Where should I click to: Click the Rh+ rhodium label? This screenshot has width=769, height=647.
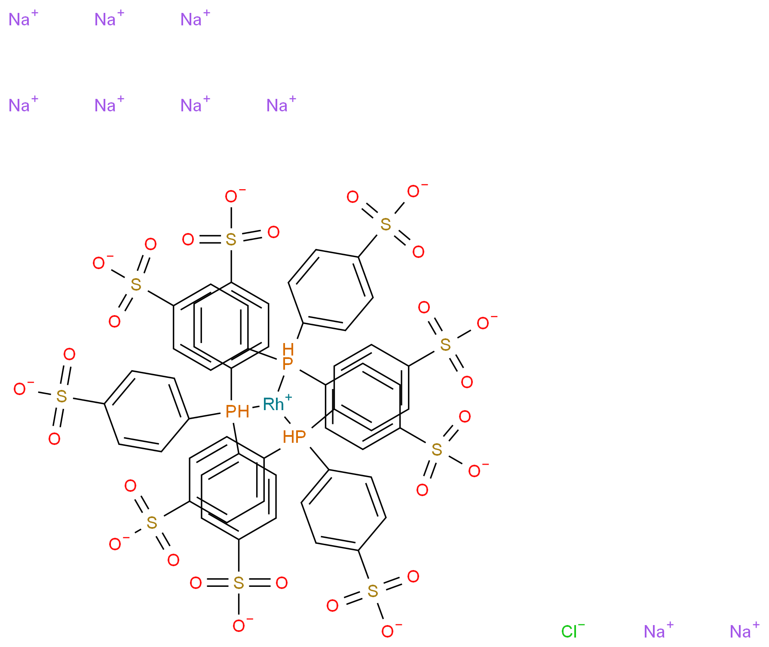click(x=274, y=405)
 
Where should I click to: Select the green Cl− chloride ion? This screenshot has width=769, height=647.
click(x=569, y=632)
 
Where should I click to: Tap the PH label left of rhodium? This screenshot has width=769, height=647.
click(x=237, y=412)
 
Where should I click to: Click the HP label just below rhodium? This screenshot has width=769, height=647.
click(x=294, y=437)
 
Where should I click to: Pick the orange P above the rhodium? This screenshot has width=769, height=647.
click(x=288, y=364)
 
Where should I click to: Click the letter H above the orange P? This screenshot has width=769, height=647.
click(x=288, y=349)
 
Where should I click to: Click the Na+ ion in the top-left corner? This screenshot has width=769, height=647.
click(x=20, y=20)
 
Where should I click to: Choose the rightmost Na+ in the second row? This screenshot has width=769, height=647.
click(x=278, y=106)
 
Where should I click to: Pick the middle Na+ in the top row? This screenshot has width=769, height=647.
click(x=106, y=20)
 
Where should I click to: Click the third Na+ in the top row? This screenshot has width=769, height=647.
click(x=192, y=20)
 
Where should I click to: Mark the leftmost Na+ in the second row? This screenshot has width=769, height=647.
click(x=20, y=106)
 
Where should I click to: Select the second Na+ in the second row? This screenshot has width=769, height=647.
click(x=106, y=106)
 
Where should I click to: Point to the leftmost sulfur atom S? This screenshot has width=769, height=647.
click(x=61, y=396)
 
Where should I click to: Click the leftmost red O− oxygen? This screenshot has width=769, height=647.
click(x=20, y=389)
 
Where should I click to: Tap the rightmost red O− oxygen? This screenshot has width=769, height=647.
click(x=483, y=323)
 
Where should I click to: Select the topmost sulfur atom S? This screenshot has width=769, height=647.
click(x=386, y=224)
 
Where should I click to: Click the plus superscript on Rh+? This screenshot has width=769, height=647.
click(x=288, y=398)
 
